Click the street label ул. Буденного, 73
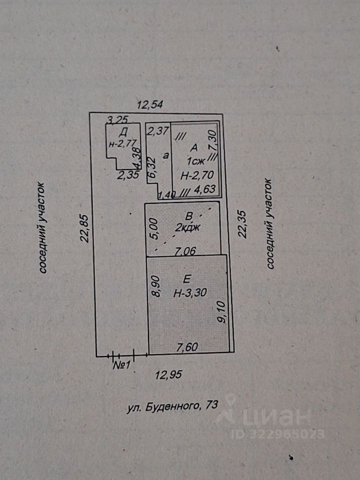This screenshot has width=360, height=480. (x=172, y=406)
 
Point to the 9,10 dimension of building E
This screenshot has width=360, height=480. (x=222, y=312)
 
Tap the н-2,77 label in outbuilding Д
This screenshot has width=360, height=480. (x=122, y=144)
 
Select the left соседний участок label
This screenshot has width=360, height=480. (x=42, y=228)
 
